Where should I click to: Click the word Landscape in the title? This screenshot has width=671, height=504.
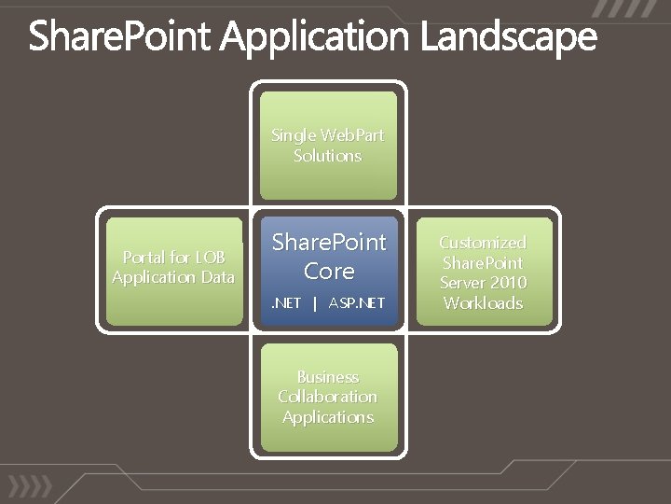point(507,37)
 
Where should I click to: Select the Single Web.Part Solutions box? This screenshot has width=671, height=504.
point(327,146)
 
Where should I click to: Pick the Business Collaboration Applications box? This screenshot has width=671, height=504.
point(327,398)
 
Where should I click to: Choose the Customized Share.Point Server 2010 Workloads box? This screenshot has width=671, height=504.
point(483,272)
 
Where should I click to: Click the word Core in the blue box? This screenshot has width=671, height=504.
point(328,272)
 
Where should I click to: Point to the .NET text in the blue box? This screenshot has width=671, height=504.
point(286,303)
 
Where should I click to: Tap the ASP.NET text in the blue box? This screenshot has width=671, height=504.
point(357,303)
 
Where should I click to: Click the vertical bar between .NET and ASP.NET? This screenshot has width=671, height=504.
point(315,303)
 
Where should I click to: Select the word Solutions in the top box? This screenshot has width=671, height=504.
point(327,156)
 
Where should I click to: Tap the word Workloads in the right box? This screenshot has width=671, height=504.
point(483,303)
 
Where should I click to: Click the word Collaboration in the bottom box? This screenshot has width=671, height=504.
point(327,397)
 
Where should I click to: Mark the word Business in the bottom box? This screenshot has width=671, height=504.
point(327,377)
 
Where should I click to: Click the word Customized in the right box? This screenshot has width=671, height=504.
point(483,243)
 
